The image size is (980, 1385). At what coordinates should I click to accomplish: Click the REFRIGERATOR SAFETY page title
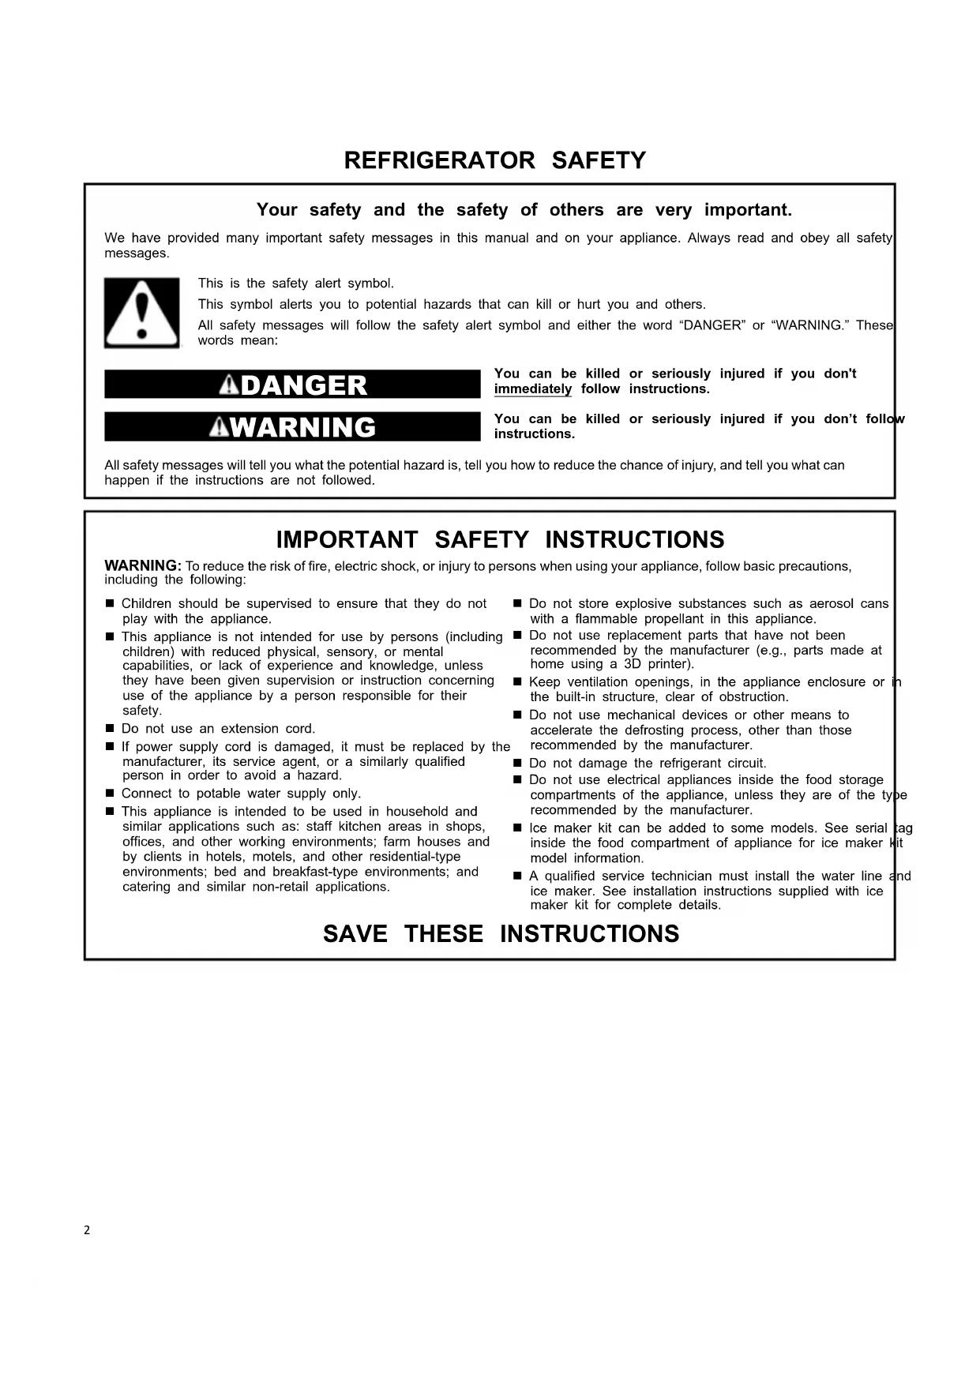pyautogui.click(x=494, y=161)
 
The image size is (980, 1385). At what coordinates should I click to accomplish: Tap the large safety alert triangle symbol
pyautogui.click(x=142, y=313)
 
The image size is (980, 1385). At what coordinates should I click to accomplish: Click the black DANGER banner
pyautogui.click(x=292, y=385)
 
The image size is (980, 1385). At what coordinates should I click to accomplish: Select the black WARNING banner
pyautogui.click(x=292, y=427)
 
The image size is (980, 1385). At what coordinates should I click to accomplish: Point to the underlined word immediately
pyautogui.click(x=533, y=389)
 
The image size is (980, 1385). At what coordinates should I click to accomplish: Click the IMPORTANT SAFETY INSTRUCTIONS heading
pyautogui.click(x=500, y=540)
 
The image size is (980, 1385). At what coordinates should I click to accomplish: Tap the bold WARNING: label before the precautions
pyautogui.click(x=143, y=566)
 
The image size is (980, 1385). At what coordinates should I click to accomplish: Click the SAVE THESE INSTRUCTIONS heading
pyautogui.click(x=501, y=934)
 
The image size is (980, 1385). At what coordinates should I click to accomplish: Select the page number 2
pyautogui.click(x=87, y=1230)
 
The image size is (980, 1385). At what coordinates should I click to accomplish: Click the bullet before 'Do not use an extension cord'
pyautogui.click(x=110, y=729)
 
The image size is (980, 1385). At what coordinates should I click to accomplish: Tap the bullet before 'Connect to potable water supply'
pyautogui.click(x=110, y=794)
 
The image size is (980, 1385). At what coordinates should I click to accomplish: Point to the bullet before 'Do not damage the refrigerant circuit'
pyautogui.click(x=517, y=764)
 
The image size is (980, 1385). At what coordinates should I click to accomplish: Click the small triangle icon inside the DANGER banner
pyautogui.click(x=229, y=385)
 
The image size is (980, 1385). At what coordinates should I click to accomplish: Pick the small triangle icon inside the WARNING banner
pyautogui.click(x=219, y=427)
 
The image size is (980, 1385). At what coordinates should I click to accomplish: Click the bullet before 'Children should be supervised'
pyautogui.click(x=110, y=604)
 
